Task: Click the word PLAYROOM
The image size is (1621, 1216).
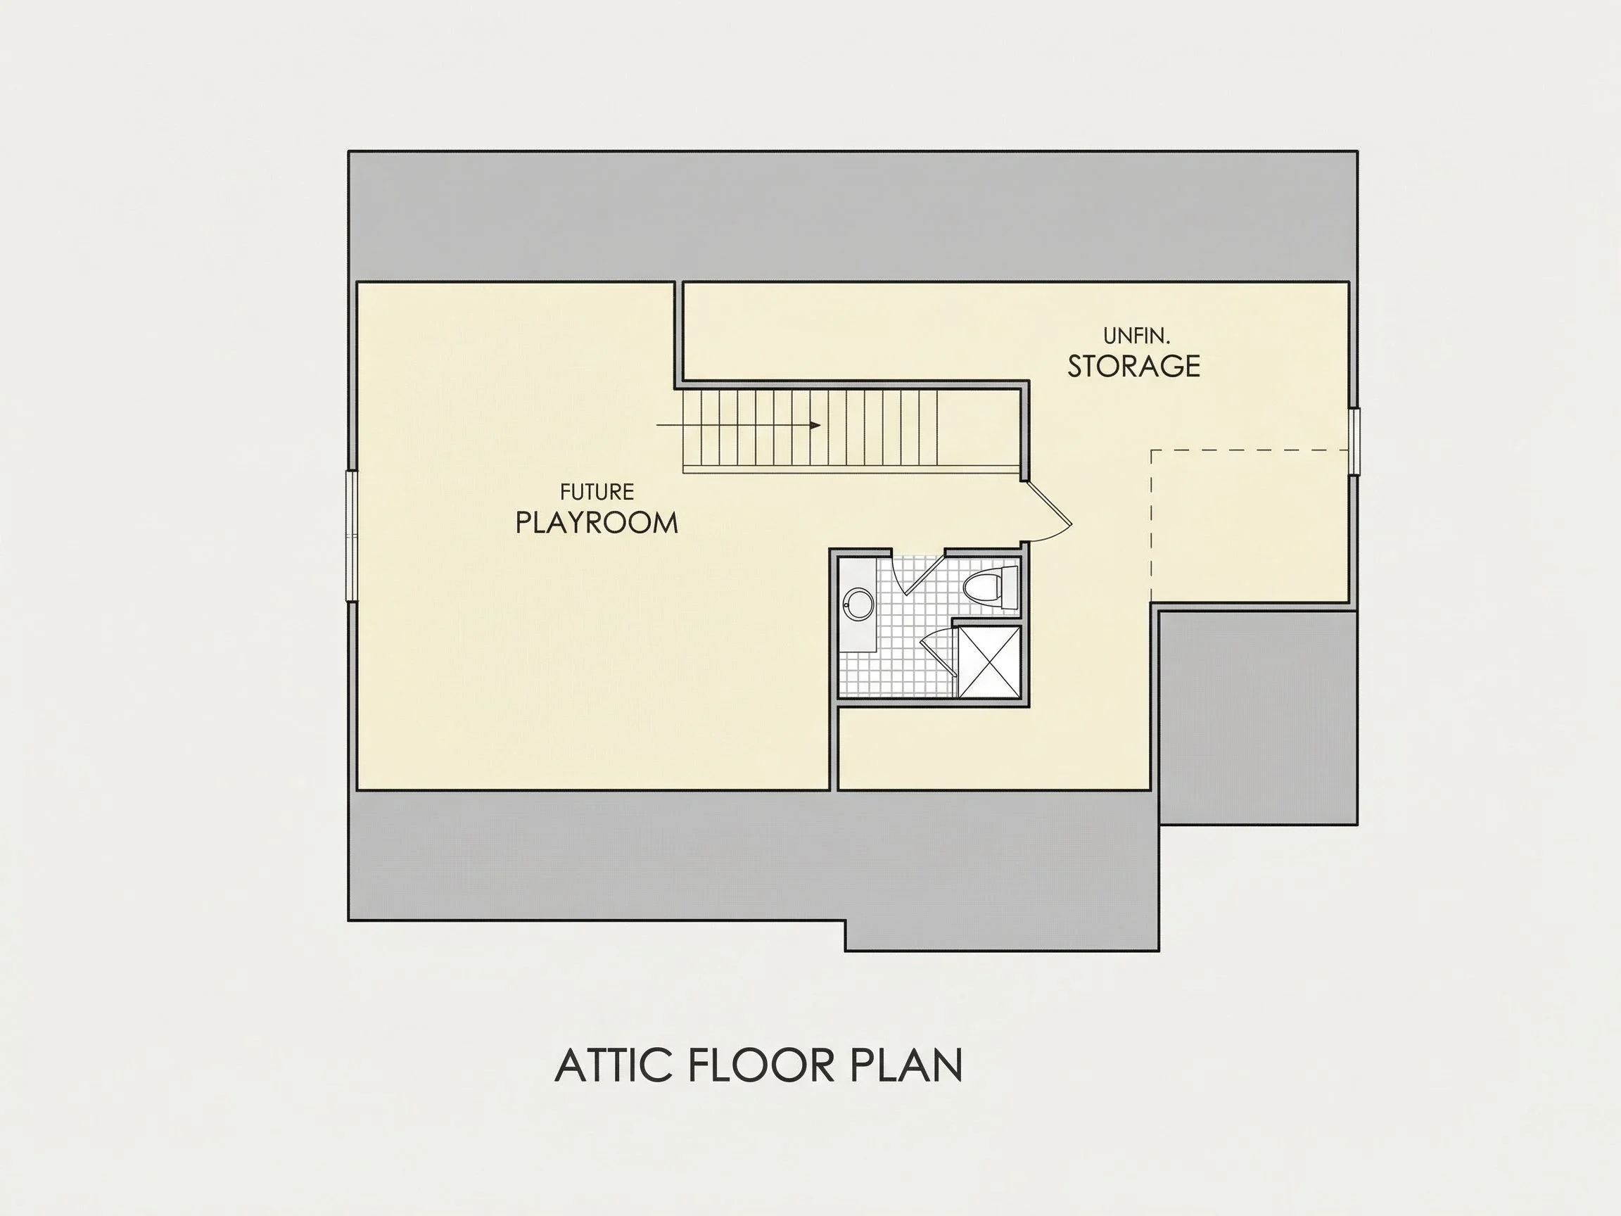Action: tap(597, 523)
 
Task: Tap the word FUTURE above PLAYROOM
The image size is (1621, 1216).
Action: tap(597, 491)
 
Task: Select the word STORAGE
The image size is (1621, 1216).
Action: tap(1133, 366)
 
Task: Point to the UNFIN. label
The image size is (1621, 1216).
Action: tap(1137, 336)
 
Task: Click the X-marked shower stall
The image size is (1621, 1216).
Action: tap(990, 661)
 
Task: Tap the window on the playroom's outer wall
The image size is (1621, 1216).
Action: tap(351, 536)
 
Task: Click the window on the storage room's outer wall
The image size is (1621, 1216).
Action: tap(1355, 441)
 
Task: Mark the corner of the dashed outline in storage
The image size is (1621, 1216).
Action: tap(1151, 450)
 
